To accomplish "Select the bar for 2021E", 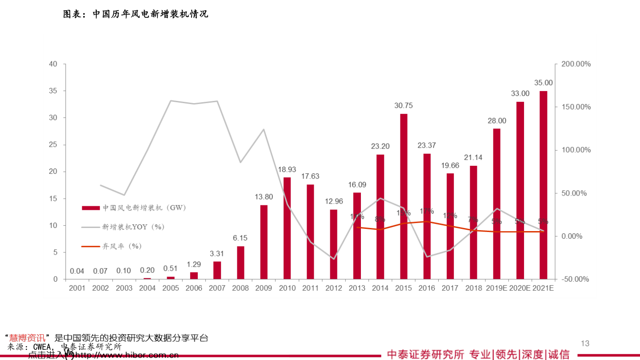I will click(543, 185).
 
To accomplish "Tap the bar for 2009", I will click(264, 242).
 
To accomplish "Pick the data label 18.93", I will click(287, 169).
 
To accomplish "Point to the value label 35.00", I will click(543, 83).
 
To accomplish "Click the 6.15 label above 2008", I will click(240, 238).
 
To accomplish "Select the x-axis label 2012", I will click(334, 288).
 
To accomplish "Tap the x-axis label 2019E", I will click(496, 288).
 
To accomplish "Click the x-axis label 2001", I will click(77, 288).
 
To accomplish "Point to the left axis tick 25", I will click(54, 145).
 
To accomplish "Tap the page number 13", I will click(585, 343).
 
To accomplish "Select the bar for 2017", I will click(450, 226).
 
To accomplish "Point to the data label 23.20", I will click(380, 146).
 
